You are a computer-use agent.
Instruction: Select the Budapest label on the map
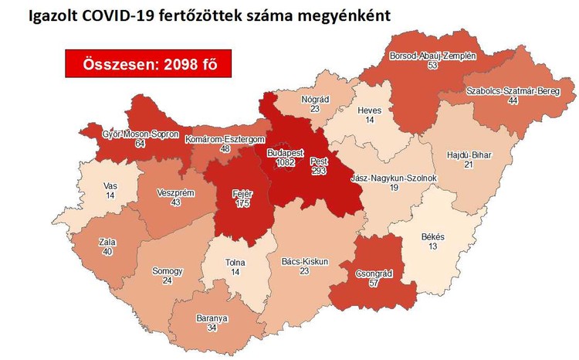pos(285,154)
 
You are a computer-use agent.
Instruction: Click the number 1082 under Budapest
pos(285,163)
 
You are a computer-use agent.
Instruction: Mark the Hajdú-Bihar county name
pos(469,155)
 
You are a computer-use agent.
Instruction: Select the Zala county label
pos(107,242)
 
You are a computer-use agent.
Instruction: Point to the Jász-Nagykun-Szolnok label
pos(394,178)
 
